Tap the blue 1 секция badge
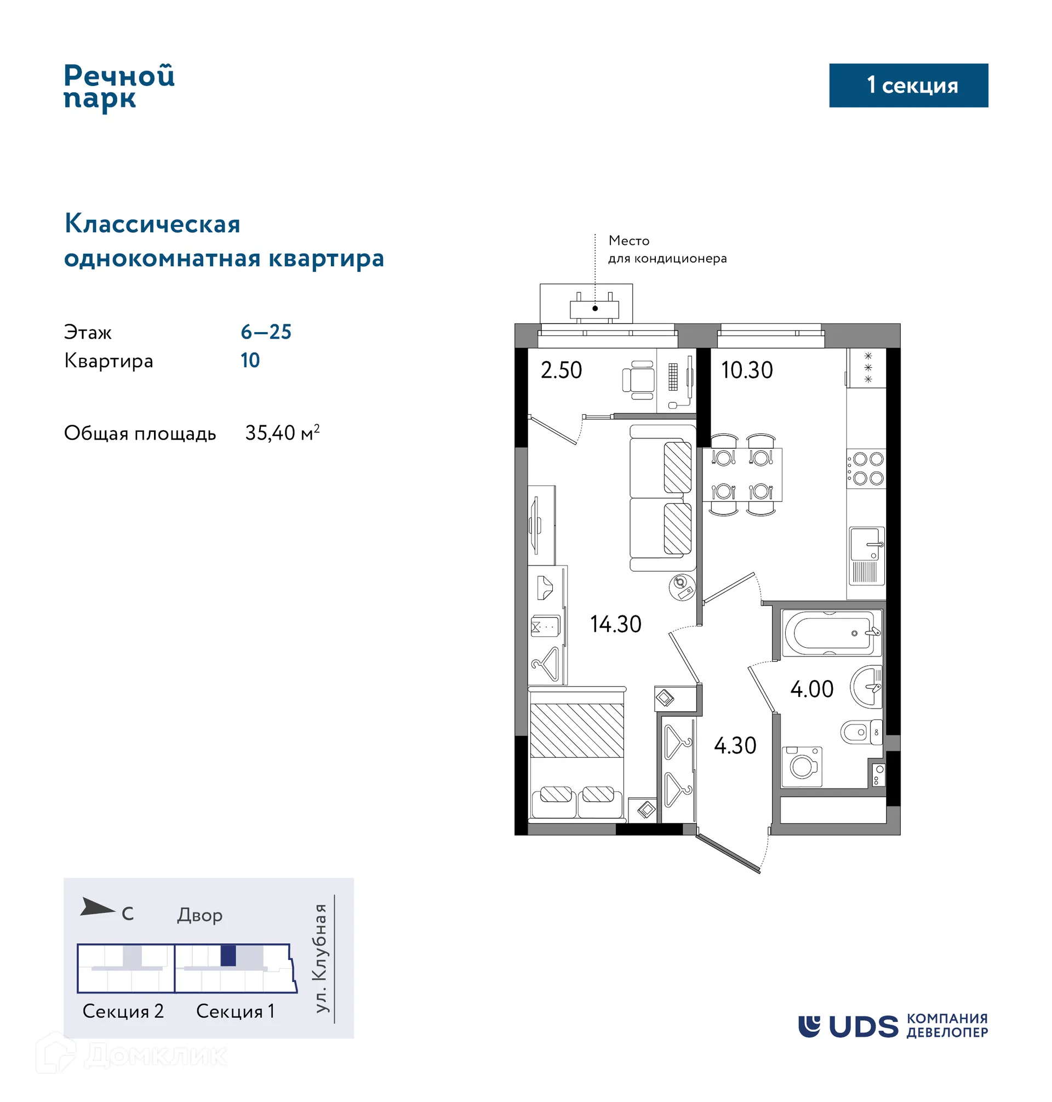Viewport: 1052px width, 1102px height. tap(908, 85)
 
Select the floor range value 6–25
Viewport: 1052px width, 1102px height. tap(266, 332)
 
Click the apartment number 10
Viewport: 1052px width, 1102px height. tap(250, 361)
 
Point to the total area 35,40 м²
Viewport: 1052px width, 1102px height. tap(282, 433)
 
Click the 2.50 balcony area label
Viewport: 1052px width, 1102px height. tap(561, 370)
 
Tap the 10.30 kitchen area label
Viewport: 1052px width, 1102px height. tap(746, 370)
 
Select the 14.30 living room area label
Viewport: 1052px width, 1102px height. tap(615, 624)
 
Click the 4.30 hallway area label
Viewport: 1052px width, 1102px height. tap(735, 746)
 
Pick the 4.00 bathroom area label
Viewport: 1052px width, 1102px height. tap(811, 689)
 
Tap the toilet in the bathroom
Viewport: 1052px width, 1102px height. tap(860, 733)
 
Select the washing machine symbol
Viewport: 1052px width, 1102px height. tap(802, 767)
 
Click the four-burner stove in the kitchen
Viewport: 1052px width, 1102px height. tap(866, 469)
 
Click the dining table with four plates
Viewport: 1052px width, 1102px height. tap(742, 475)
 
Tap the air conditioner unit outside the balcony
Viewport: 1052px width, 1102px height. tap(594, 309)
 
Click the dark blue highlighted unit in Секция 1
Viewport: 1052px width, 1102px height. tap(228, 956)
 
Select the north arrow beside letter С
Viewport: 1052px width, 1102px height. tap(96, 907)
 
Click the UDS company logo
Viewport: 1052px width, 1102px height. tap(892, 1026)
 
